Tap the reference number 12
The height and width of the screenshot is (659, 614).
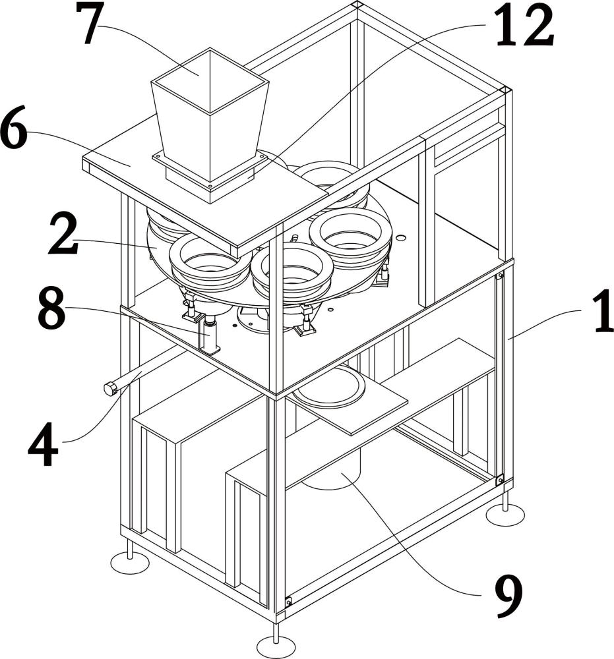(x=524, y=25)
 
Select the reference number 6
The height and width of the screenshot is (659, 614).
(x=13, y=127)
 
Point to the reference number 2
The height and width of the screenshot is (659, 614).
(x=63, y=234)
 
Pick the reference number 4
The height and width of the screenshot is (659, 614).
(x=44, y=445)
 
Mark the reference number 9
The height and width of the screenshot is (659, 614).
(x=508, y=598)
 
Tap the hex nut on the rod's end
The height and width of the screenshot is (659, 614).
(x=110, y=389)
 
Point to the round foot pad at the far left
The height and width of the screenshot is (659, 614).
(x=129, y=562)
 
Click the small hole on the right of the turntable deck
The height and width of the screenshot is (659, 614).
(x=401, y=238)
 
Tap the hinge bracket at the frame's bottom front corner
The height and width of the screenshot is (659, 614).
(x=288, y=602)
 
